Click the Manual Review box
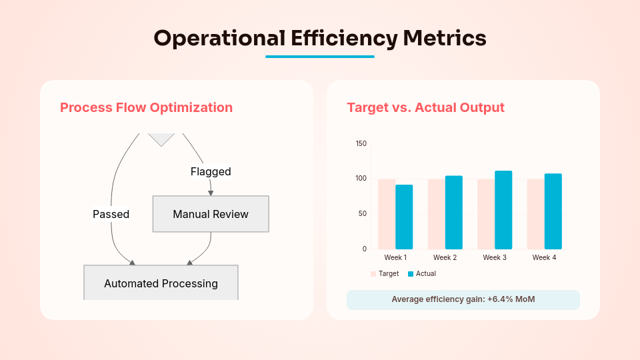[211, 214]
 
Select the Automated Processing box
[161, 283]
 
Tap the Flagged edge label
[211, 171]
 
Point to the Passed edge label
[111, 214]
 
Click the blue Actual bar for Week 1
[404, 217]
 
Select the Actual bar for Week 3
[503, 210]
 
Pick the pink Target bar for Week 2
[436, 214]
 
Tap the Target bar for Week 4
[535, 214]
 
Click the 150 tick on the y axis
[361, 143]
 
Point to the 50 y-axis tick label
[363, 213]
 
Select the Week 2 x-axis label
[445, 257]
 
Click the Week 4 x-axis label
[544, 257]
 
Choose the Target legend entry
[385, 273]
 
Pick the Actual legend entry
[422, 273]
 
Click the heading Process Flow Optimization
[146, 107]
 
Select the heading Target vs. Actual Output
[425, 107]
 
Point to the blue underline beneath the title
[320, 57]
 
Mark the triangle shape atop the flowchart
[161, 138]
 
